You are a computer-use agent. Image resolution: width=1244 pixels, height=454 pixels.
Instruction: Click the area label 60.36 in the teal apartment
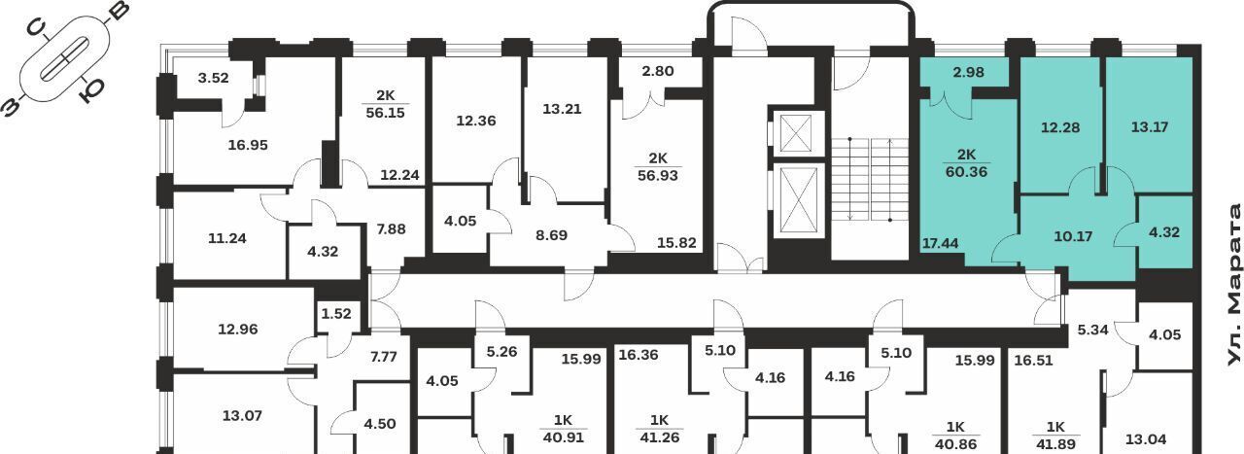tap(966, 172)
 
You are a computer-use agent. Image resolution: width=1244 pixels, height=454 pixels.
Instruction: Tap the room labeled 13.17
tap(1150, 127)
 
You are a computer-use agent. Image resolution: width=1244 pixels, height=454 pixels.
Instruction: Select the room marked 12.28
tap(1060, 127)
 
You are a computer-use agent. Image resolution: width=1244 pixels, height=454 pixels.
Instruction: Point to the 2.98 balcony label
tap(969, 72)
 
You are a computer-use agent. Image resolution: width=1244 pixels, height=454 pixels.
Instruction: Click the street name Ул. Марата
tap(1233, 286)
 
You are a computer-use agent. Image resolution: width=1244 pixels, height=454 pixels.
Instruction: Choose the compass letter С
tap(37, 27)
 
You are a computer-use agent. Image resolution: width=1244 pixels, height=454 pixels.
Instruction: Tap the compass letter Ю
tap(90, 90)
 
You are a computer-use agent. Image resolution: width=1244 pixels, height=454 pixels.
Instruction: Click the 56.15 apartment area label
tap(386, 113)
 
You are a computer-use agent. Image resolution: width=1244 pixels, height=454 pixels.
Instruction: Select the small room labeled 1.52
tap(336, 314)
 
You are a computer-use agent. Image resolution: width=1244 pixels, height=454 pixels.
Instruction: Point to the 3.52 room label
tap(213, 78)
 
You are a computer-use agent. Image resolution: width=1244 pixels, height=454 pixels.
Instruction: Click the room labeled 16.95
tap(248, 145)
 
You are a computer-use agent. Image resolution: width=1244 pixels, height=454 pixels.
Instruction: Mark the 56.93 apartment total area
tap(658, 176)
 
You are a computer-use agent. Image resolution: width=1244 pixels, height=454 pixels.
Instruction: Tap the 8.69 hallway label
tap(551, 235)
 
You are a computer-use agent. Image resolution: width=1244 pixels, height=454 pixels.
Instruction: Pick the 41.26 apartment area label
tap(659, 437)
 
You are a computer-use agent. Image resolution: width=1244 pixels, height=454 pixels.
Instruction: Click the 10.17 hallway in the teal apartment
tap(1073, 237)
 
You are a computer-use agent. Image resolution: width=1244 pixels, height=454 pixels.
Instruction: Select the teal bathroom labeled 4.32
tap(1164, 232)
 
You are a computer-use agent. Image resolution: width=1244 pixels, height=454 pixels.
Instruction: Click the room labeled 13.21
tap(562, 109)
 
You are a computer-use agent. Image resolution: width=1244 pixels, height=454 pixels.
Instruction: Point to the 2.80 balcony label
tap(658, 71)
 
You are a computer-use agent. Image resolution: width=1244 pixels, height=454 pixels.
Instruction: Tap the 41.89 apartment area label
tap(1055, 444)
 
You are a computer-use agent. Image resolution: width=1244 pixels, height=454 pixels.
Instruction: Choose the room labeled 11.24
tap(227, 238)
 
